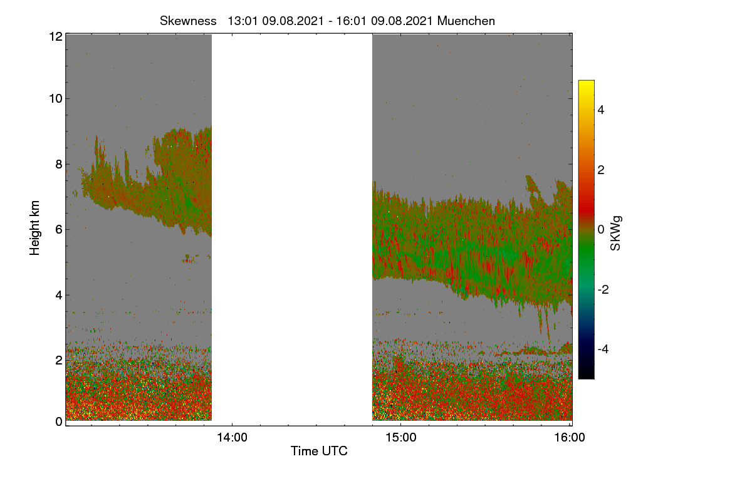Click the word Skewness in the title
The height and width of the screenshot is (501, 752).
click(188, 21)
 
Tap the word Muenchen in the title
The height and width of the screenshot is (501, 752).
click(466, 21)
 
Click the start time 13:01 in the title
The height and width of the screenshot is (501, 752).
click(243, 21)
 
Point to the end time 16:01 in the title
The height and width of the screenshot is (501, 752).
click(351, 21)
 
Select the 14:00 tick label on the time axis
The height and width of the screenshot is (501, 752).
click(232, 438)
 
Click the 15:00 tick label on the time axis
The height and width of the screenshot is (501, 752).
click(401, 438)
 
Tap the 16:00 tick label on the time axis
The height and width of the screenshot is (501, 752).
click(570, 438)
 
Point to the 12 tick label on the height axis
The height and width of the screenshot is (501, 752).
click(56, 36)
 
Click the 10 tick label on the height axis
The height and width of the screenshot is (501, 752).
click(56, 99)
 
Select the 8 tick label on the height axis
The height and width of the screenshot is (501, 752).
click(59, 164)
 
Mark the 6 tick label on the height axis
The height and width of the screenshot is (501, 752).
click(59, 230)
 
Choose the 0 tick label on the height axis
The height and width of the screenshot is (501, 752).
click(59, 421)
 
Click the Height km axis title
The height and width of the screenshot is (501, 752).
click(34, 228)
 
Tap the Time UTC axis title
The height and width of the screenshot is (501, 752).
click(319, 451)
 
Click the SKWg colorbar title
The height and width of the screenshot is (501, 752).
click(615, 233)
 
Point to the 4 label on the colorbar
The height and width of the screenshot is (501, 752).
click(601, 110)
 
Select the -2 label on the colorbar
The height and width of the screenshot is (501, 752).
click(603, 289)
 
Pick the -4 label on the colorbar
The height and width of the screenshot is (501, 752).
click(603, 349)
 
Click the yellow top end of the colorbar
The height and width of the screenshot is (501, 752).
click(586, 82)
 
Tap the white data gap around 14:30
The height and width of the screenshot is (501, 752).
click(292, 227)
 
